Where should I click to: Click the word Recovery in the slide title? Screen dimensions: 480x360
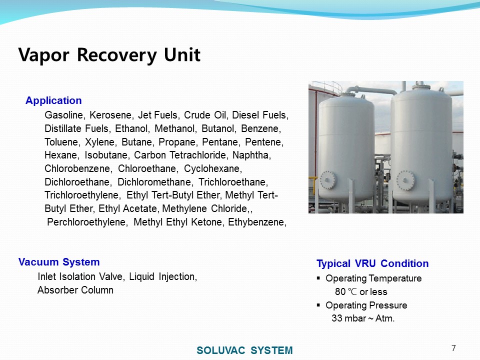click(116, 55)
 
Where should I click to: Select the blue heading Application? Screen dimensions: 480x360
click(53, 100)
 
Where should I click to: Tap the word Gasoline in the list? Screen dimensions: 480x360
click(65, 115)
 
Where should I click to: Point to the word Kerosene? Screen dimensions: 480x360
click(111, 115)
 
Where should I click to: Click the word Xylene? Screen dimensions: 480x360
click(101, 142)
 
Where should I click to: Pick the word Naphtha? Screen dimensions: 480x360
click(251, 155)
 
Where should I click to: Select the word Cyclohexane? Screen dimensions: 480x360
click(213, 168)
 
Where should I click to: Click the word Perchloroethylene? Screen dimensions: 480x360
click(87, 222)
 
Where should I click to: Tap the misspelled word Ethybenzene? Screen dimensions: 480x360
click(257, 222)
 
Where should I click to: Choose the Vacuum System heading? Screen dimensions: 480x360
click(59, 262)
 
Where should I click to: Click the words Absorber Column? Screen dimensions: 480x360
click(75, 290)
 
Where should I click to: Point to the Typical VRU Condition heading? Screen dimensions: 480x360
click(372, 263)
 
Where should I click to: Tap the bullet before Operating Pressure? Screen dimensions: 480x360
click(318, 305)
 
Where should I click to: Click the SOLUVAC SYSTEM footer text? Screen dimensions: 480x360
click(244, 350)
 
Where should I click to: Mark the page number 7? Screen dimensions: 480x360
click(453, 348)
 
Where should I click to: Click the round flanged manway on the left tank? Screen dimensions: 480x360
click(328, 180)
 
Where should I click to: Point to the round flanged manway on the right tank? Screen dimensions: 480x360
click(405, 180)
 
